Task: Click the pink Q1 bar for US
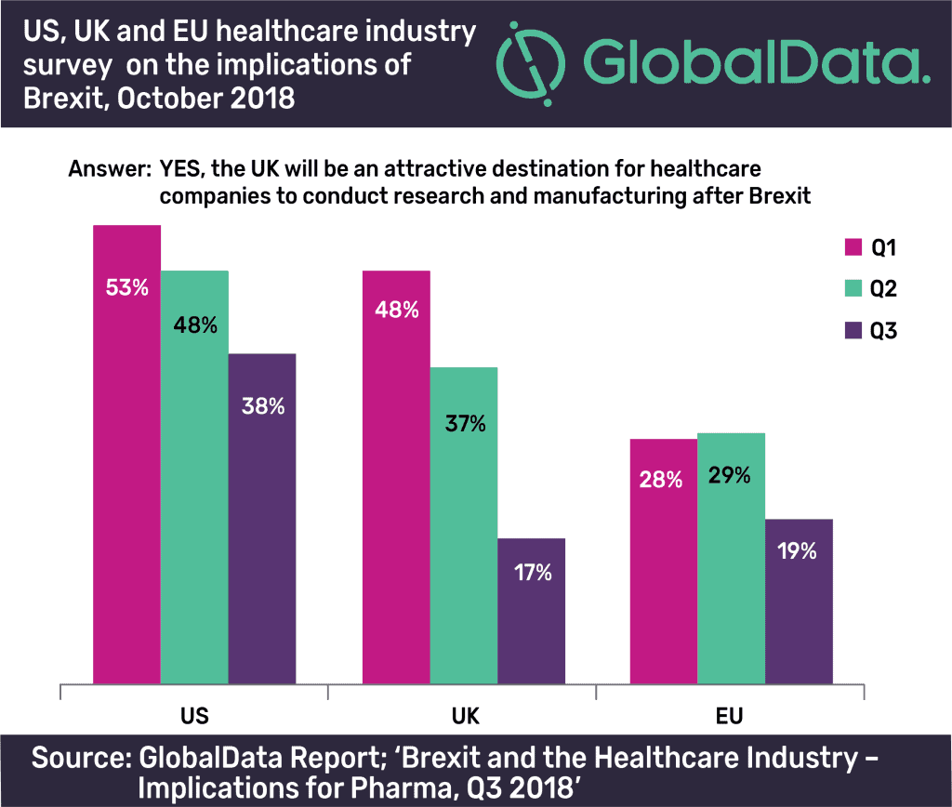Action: click(127, 456)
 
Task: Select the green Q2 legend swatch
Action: click(853, 288)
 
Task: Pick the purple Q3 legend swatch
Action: click(853, 330)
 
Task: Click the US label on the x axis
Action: click(194, 717)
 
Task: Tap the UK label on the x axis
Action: click(463, 717)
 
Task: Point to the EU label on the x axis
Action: click(731, 717)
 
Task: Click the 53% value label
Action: click(127, 287)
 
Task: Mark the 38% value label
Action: click(261, 406)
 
